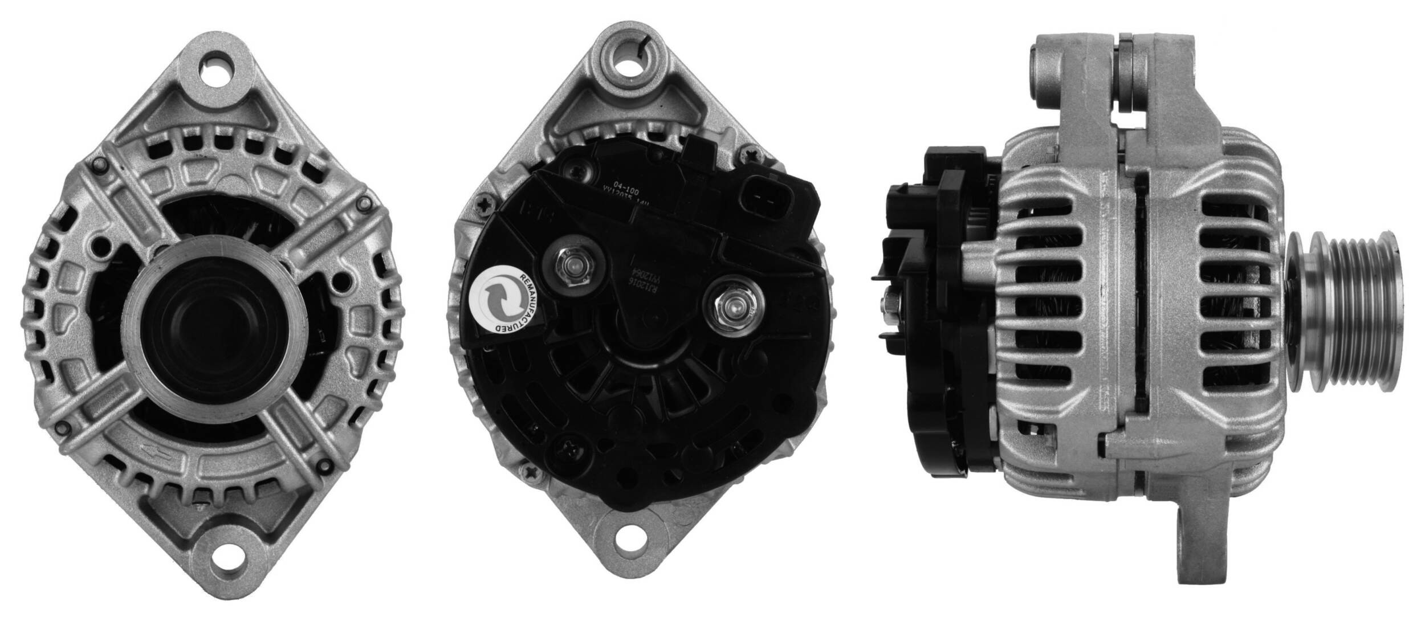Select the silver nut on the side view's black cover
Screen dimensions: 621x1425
coord(890,310)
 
